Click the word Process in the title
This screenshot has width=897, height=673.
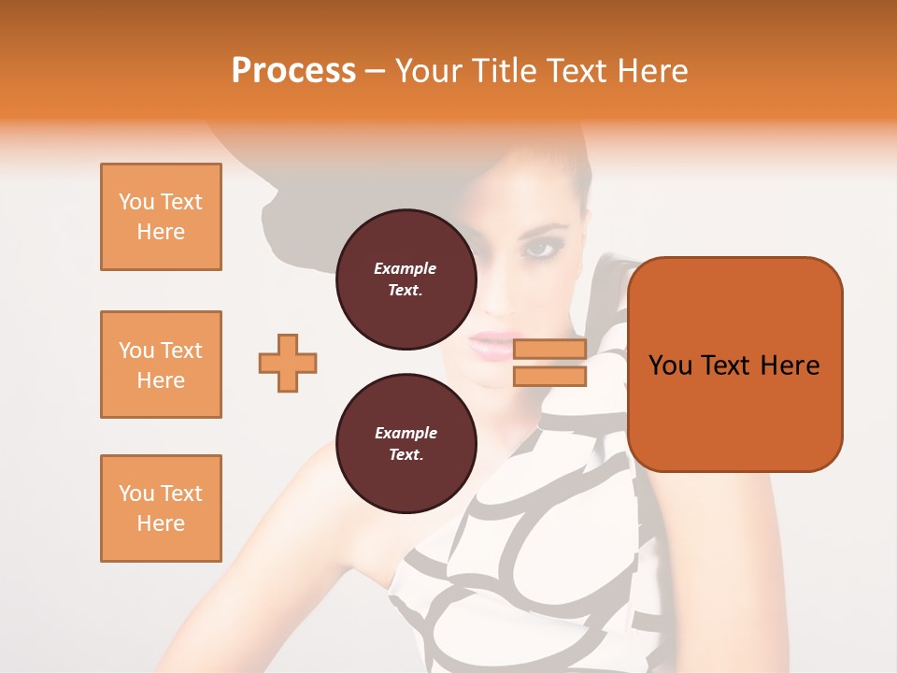click(x=293, y=71)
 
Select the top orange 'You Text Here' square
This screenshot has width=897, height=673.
click(x=161, y=217)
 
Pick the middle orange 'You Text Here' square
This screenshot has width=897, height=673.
click(x=161, y=365)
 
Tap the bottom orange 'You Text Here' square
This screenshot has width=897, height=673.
click(x=161, y=508)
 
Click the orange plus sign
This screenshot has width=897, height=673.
click(x=288, y=363)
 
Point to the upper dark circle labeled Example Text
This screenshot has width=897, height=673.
click(x=406, y=279)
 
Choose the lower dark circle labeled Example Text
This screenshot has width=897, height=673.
click(x=406, y=444)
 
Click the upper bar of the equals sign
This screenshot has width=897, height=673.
click(x=549, y=350)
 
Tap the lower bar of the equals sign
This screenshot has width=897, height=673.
click(x=549, y=376)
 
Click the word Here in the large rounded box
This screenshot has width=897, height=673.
click(x=790, y=365)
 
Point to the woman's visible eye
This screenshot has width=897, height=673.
click(x=539, y=249)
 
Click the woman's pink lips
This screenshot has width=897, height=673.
click(x=493, y=345)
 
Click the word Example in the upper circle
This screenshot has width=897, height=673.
click(x=406, y=268)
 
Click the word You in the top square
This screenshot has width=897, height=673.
click(x=136, y=202)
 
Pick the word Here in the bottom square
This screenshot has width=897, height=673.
click(x=161, y=523)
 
